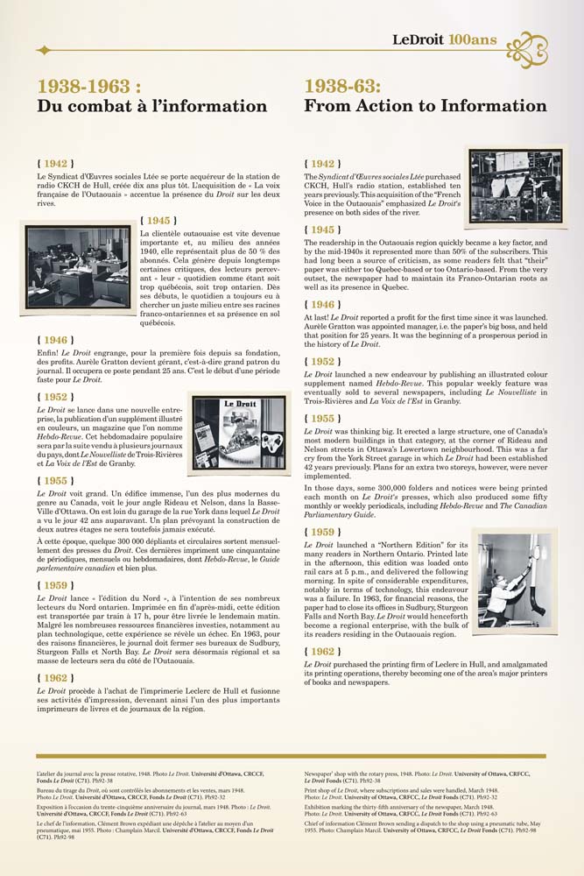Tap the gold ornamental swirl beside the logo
coord(527,48)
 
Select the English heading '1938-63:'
coord(342,86)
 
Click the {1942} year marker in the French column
coord(54,163)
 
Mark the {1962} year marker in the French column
coord(54,653)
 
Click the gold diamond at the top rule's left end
coord(44,50)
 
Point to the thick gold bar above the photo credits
coord(291,756)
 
